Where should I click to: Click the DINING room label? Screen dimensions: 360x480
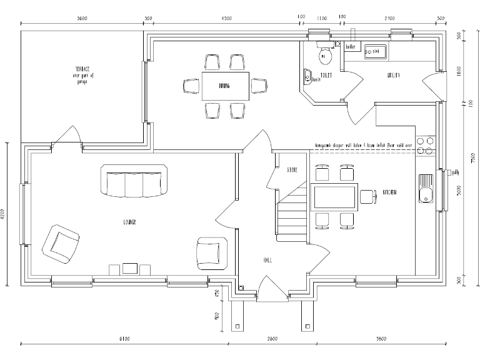224,86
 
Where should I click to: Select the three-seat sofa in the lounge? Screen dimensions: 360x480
134,180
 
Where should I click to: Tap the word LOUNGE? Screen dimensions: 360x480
129,222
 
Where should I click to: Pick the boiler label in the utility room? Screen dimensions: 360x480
350,46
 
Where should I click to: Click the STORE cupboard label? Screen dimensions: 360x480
292,170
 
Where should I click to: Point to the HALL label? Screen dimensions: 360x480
267,260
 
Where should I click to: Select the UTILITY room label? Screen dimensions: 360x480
392,76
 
